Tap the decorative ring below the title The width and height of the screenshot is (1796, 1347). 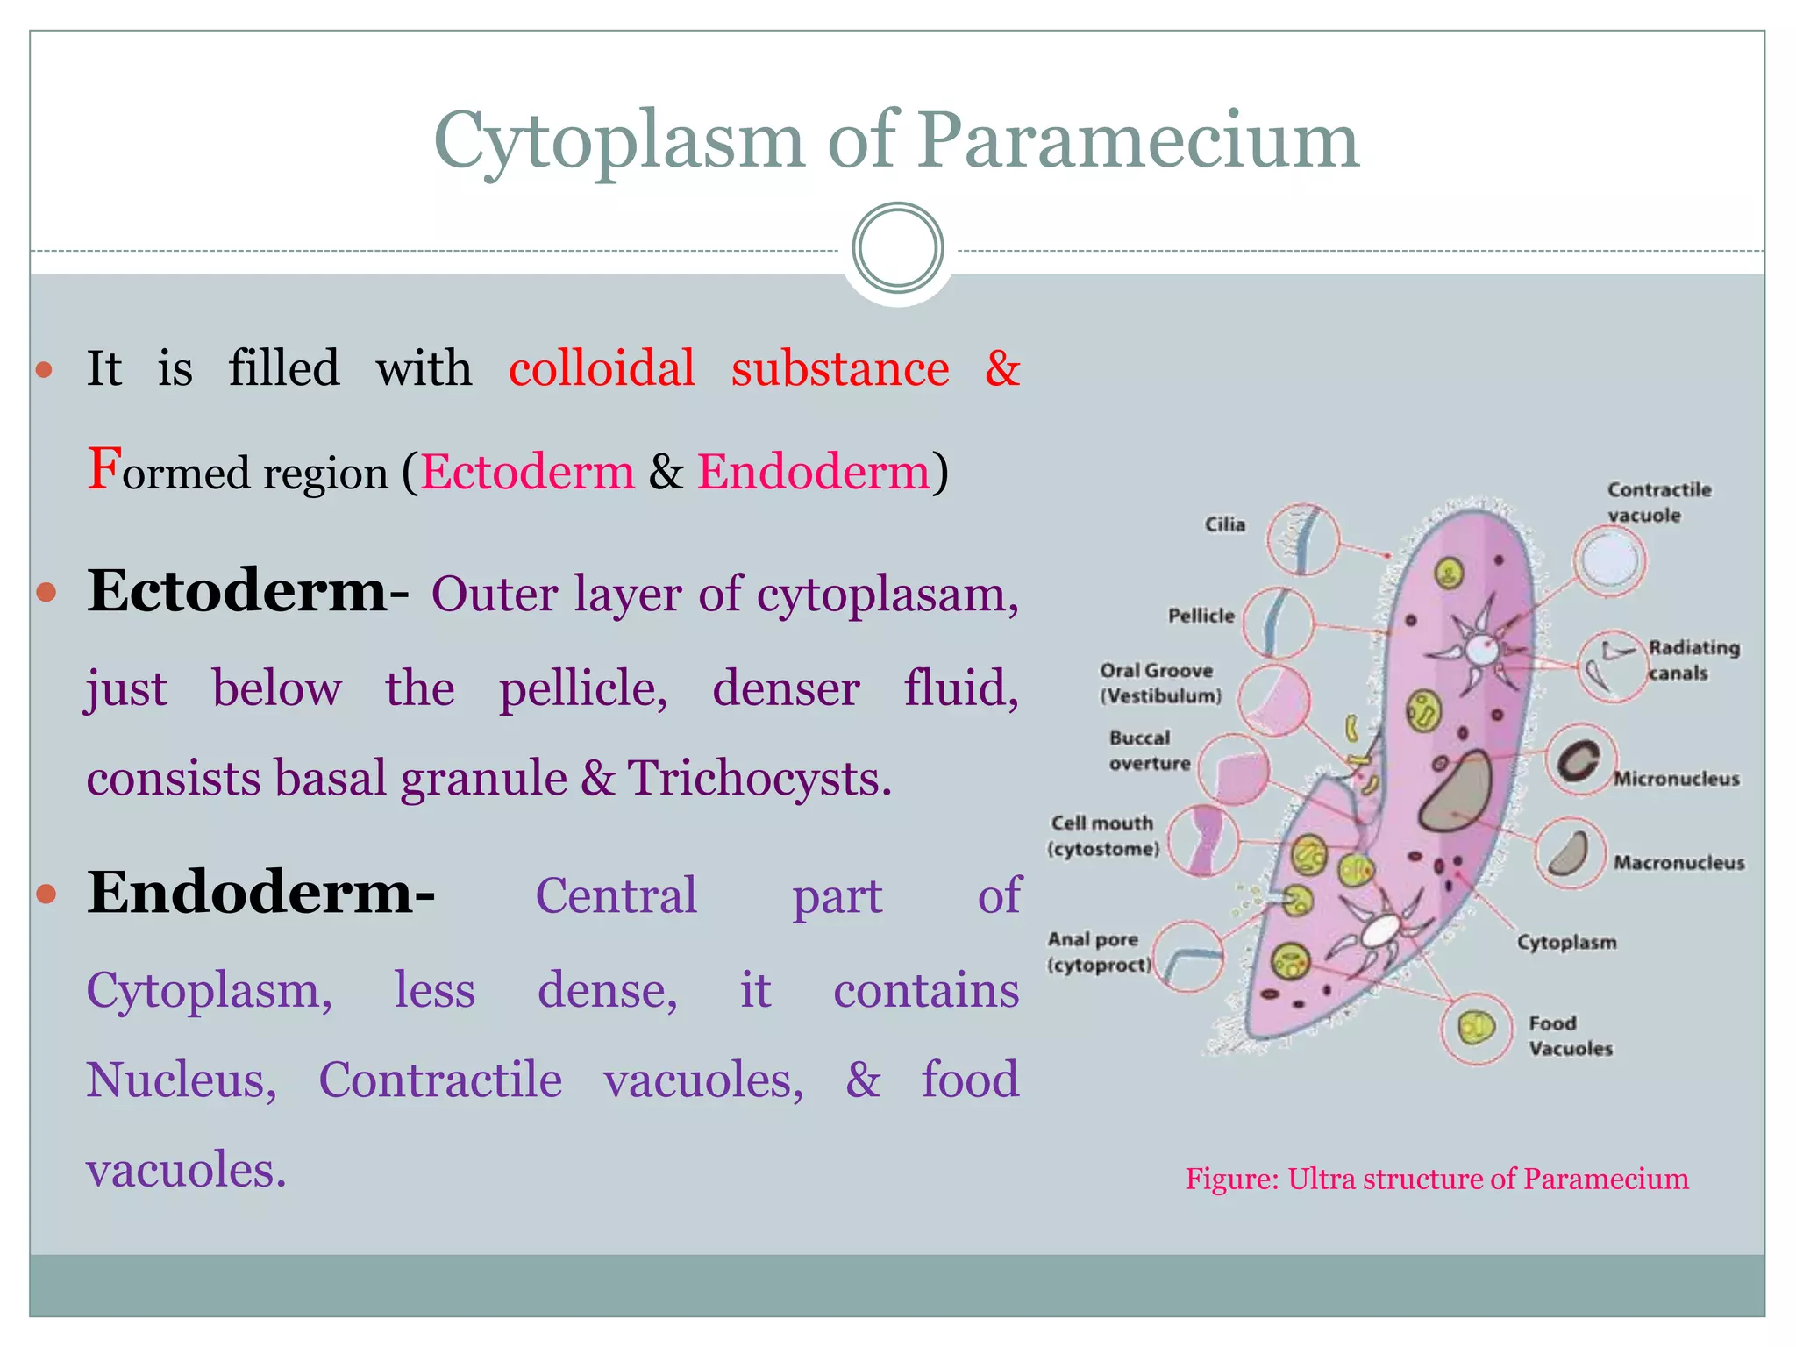click(897, 248)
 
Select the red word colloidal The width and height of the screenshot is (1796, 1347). click(602, 368)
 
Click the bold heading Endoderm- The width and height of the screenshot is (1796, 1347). click(260, 894)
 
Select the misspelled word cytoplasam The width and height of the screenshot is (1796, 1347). click(887, 595)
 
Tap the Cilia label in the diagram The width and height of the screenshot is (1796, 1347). click(1224, 524)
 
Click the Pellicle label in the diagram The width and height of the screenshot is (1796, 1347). click(1201, 616)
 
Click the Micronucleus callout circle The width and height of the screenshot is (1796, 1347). click(1579, 759)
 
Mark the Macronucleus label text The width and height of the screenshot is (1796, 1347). click(1678, 863)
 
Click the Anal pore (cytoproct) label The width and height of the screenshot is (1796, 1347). click(1098, 952)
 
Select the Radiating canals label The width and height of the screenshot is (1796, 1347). click(1693, 660)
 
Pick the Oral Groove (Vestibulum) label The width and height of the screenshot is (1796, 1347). click(1159, 683)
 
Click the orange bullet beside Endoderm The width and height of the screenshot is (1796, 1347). click(46, 894)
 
